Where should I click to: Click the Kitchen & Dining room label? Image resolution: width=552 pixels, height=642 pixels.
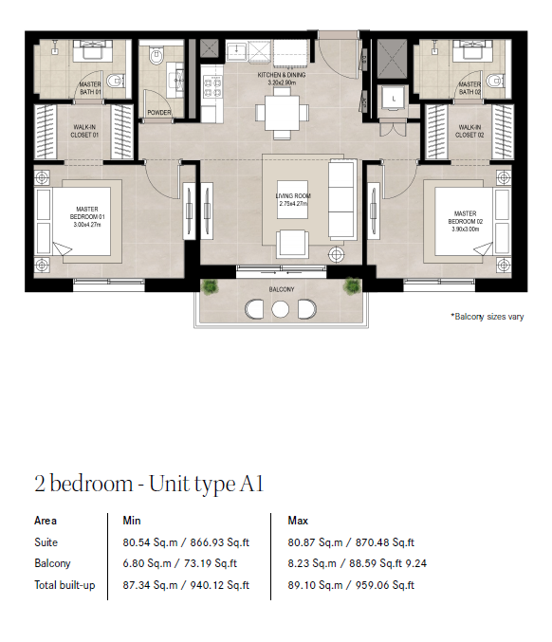coord(282,78)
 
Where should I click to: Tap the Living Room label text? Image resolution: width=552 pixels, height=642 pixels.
coord(293,199)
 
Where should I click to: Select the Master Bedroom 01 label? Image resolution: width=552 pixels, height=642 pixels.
coord(87,216)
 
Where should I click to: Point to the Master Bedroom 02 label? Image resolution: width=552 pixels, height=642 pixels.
coord(466,221)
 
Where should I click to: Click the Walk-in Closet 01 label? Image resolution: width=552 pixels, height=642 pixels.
coord(84,131)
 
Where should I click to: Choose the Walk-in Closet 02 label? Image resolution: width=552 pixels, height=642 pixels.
coord(469,131)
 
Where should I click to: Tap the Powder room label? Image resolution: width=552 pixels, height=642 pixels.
coord(159,112)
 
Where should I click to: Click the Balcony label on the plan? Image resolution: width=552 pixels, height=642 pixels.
coord(282,289)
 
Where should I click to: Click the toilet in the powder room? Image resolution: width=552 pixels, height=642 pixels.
coord(156,56)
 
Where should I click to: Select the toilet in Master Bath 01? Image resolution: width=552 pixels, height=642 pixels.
coord(115,81)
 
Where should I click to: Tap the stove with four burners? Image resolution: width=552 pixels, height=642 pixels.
coord(212,87)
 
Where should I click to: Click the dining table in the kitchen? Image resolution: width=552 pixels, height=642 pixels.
coord(282,112)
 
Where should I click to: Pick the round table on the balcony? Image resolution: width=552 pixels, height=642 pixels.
coord(280,309)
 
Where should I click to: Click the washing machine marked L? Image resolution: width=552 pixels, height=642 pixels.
coord(394,99)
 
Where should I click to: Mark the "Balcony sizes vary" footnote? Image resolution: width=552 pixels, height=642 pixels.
coord(488,317)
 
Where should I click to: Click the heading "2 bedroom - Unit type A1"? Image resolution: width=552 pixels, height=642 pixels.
coord(149,484)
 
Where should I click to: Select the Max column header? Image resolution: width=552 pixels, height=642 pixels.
coord(298,521)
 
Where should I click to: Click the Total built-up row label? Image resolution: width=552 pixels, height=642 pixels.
coord(64,585)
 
